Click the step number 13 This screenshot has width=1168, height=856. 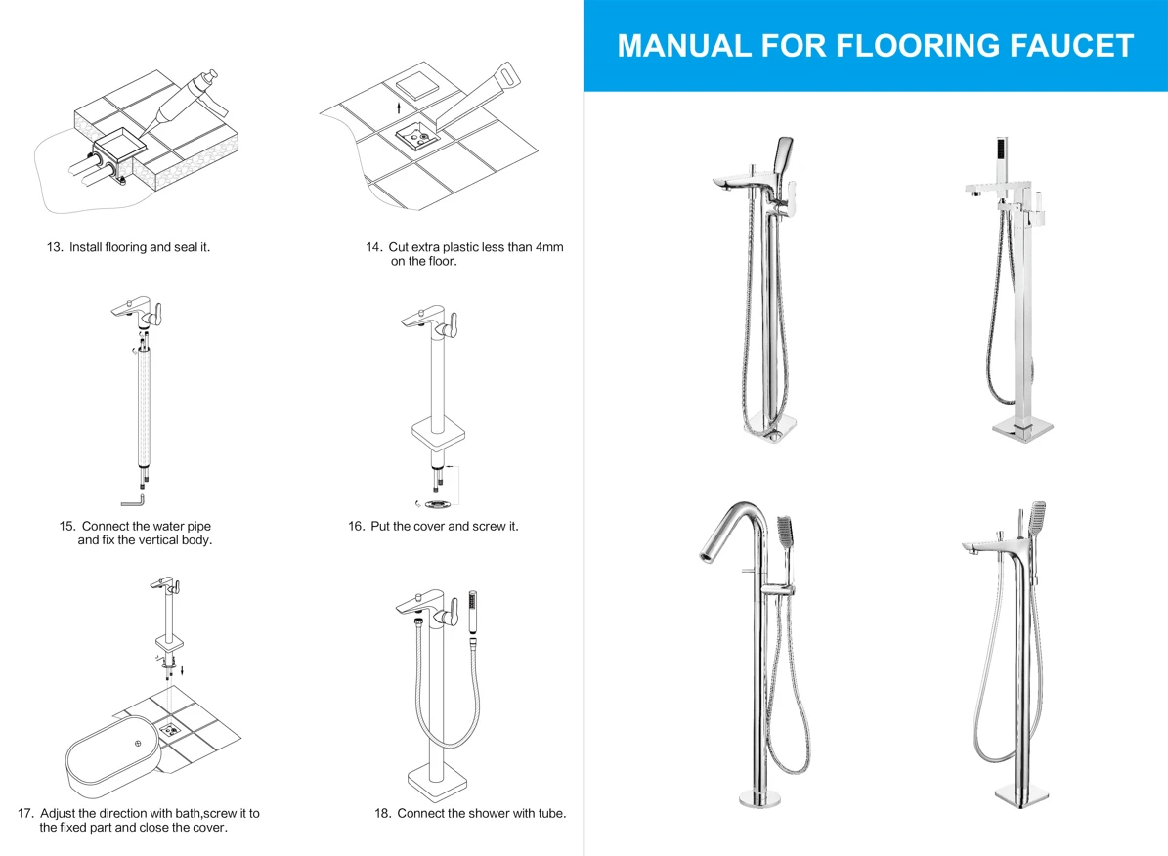coord(55,247)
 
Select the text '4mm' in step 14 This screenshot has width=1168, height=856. coord(549,247)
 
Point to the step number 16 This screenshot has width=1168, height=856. coord(356,526)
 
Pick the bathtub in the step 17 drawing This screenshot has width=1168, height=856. coord(113,757)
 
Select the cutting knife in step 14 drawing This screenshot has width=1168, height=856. coord(474,96)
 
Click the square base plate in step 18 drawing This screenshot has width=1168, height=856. coord(437,783)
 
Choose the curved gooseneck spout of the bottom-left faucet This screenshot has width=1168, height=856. coord(734,529)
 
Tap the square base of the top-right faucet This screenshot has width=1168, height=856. coord(1022,429)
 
